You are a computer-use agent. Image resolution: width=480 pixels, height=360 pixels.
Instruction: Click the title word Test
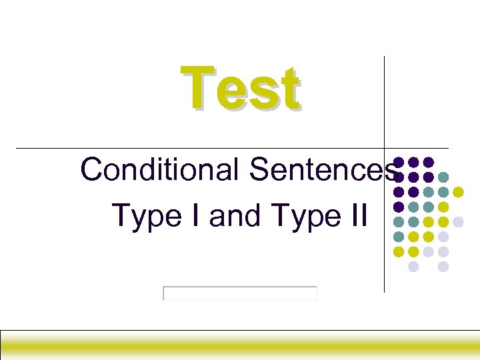[x=240, y=89]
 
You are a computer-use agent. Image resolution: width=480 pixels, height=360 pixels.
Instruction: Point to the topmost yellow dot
[x=459, y=192]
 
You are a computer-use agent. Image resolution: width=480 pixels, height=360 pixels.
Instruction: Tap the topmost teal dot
[x=444, y=177]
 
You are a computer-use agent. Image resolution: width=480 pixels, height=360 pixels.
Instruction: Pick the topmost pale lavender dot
[x=459, y=221]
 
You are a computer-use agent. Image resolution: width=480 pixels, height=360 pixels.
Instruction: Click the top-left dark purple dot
[x=399, y=162]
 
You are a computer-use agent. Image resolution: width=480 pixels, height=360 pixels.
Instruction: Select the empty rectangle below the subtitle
[x=240, y=293]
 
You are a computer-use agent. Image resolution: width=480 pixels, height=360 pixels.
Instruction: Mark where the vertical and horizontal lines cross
[x=385, y=147]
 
